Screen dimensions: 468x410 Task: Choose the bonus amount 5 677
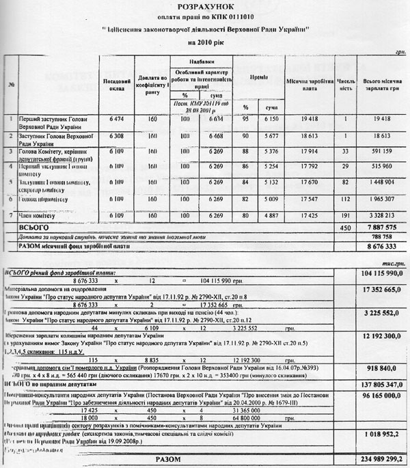click(x=271, y=137)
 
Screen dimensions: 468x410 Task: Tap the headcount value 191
click(x=345, y=215)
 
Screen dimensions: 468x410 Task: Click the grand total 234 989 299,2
click(x=376, y=459)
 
